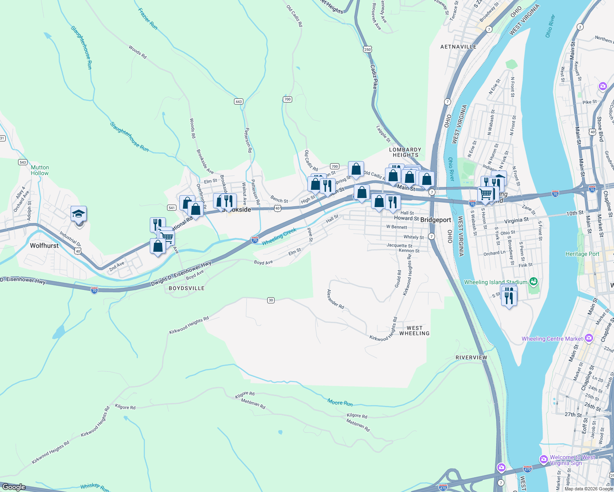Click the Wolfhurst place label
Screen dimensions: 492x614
44,246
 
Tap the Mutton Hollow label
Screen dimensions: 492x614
40,170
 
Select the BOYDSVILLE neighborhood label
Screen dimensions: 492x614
187,288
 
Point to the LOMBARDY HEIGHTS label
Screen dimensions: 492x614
405,152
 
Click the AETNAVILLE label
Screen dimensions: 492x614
458,47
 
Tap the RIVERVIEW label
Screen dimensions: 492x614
471,358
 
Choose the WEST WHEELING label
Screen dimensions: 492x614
414,330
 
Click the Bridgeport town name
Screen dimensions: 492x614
435,220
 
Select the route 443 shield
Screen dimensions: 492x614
238,101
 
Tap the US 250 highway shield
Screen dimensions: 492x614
367,49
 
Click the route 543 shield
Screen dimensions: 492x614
23,162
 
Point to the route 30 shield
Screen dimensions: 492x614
270,300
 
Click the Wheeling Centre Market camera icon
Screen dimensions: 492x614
589,338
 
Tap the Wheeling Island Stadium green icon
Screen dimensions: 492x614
533,282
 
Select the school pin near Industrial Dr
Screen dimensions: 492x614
78,214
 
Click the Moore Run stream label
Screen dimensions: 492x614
340,402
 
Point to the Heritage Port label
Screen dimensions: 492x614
582,254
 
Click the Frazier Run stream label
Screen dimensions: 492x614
148,19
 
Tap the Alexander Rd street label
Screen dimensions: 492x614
335,299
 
